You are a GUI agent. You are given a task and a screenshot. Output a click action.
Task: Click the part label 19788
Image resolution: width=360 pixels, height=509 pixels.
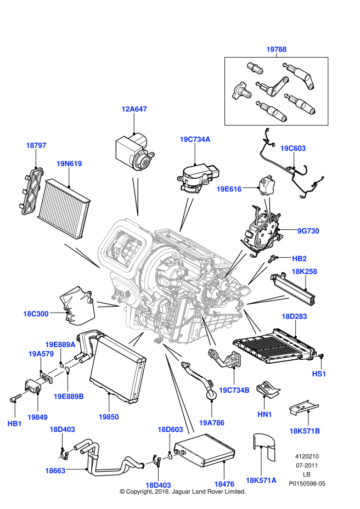[x=277, y=49]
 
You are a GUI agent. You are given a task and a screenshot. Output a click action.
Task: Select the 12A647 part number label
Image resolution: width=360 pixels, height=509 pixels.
[x=134, y=109]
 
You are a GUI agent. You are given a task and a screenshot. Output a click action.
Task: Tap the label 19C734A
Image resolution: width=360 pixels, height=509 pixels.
[x=195, y=139]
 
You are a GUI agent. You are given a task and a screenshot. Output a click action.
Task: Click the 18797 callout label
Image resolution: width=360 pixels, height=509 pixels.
[x=36, y=145]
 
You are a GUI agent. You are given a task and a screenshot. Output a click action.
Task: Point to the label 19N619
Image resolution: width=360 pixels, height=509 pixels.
[x=69, y=163]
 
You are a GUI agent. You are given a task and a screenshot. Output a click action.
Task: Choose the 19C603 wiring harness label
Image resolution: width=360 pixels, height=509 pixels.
[x=292, y=148]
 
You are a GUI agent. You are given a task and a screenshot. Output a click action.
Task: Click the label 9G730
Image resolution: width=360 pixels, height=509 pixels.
[x=308, y=231]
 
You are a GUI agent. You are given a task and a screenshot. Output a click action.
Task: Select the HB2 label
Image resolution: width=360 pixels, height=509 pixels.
[x=299, y=258]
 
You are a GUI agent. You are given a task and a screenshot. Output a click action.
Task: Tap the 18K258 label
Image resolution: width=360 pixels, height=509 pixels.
[x=304, y=271]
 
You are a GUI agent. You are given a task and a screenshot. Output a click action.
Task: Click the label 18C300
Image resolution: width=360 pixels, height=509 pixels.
[x=36, y=314]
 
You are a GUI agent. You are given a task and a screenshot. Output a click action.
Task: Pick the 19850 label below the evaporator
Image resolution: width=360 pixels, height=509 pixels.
[x=109, y=417]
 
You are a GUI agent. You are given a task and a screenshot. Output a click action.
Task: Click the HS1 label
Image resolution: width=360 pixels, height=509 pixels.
[x=319, y=373]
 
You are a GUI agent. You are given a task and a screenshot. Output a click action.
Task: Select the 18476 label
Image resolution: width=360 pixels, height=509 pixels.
[x=224, y=484]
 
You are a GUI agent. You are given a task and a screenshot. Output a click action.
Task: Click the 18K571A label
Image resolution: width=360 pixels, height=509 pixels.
[x=261, y=480]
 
